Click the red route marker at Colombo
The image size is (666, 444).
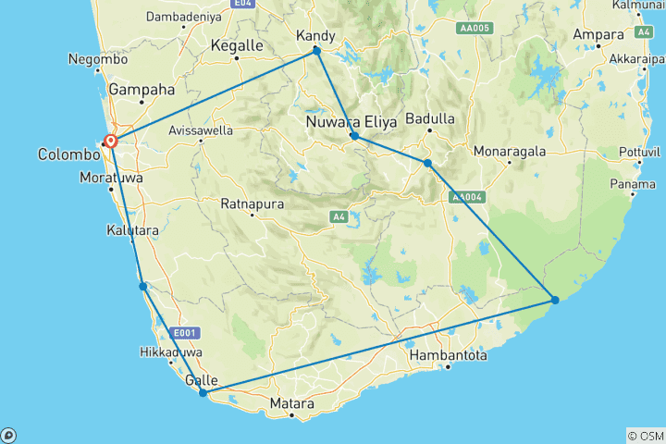(111, 142)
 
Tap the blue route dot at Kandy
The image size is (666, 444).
(316, 51)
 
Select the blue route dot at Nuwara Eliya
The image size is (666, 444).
(354, 136)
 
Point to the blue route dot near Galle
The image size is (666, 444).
(203, 393)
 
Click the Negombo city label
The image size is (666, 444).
(98, 59)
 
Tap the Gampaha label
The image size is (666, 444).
(142, 91)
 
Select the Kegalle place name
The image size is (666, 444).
(237, 45)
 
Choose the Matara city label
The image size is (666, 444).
(291, 404)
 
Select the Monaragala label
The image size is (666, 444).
(510, 150)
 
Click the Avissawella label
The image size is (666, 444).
(201, 130)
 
